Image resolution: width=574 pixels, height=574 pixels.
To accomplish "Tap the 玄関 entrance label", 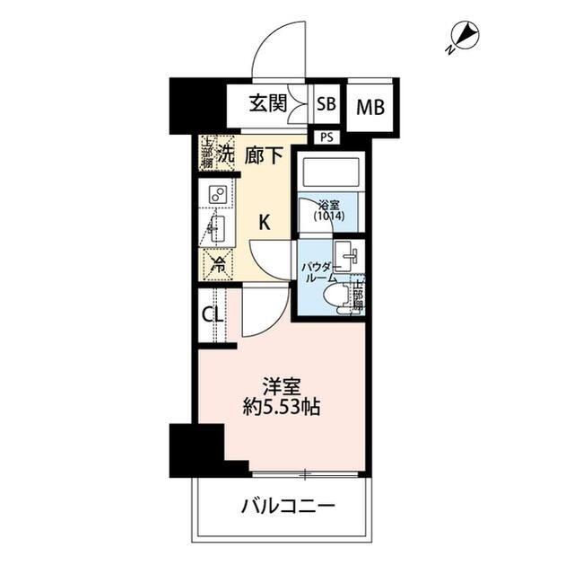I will pyautogui.click(x=269, y=104).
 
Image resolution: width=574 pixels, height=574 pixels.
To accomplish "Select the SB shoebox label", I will pyautogui.click(x=326, y=104).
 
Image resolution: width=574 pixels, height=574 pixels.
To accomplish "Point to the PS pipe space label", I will pyautogui.click(x=326, y=137).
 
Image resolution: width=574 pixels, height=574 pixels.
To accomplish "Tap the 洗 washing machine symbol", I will pyautogui.click(x=225, y=154).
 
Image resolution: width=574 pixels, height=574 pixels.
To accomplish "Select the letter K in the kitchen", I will pyautogui.click(x=265, y=223).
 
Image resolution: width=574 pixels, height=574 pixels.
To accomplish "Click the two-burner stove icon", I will pyautogui.click(x=218, y=195).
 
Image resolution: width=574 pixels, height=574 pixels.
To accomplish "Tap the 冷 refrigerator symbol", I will pyautogui.click(x=217, y=264).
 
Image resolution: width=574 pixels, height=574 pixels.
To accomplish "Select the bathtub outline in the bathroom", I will pyautogui.click(x=329, y=171).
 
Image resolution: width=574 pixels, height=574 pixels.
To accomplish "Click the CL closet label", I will pyautogui.click(x=211, y=315).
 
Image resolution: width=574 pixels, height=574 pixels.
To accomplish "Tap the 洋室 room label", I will pyautogui.click(x=282, y=387).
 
